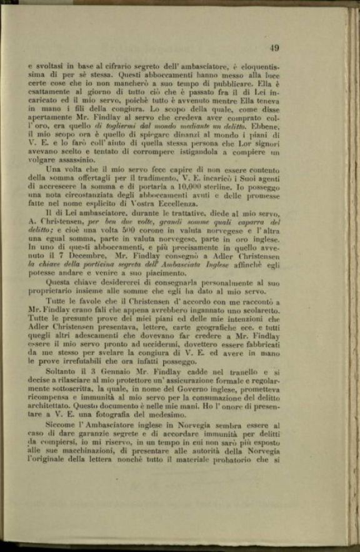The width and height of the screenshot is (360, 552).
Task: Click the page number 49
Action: click(274, 48)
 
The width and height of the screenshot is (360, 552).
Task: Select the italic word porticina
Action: click(112, 283)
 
